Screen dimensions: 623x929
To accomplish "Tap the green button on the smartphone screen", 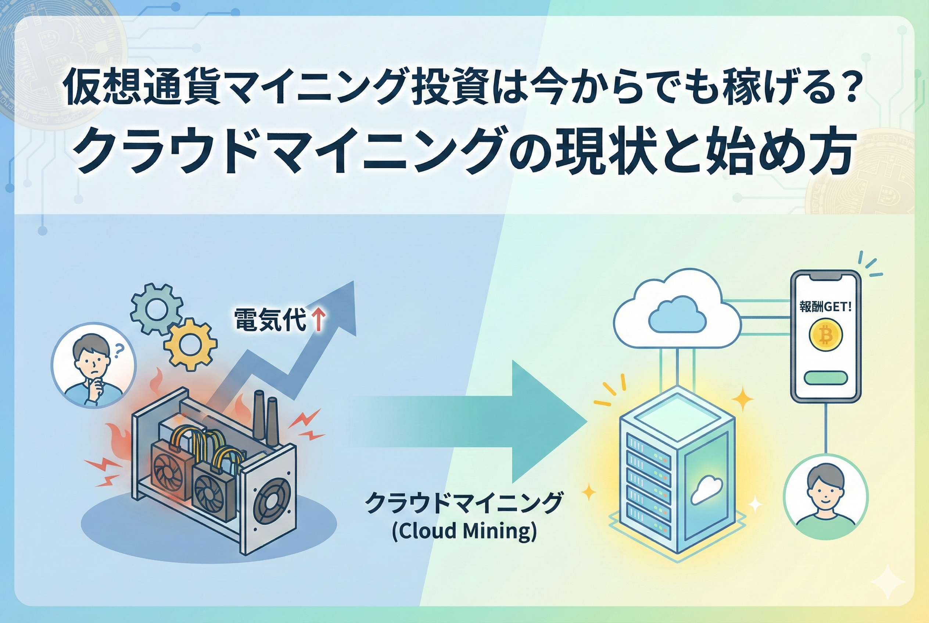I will [x=826, y=378].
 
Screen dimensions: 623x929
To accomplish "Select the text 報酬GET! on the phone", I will [x=825, y=307].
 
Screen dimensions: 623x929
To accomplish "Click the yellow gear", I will [x=190, y=344].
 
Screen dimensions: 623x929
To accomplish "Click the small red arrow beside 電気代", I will [x=318, y=320].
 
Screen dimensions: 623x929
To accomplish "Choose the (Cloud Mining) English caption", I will [x=464, y=532].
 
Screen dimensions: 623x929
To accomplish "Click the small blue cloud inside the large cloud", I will [x=677, y=316].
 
